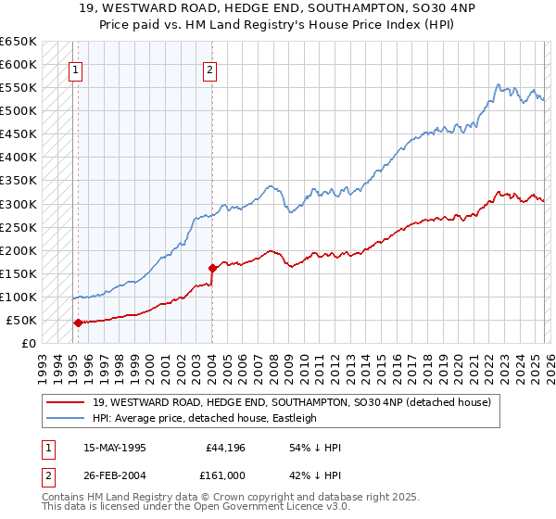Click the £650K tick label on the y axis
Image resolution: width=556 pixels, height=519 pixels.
(x=19, y=42)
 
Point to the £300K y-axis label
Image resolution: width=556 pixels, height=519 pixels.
(x=19, y=204)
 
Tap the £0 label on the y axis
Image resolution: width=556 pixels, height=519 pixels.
(x=29, y=344)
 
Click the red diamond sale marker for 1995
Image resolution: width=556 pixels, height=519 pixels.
(x=78, y=323)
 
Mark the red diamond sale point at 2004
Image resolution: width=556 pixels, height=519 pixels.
(x=213, y=269)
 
